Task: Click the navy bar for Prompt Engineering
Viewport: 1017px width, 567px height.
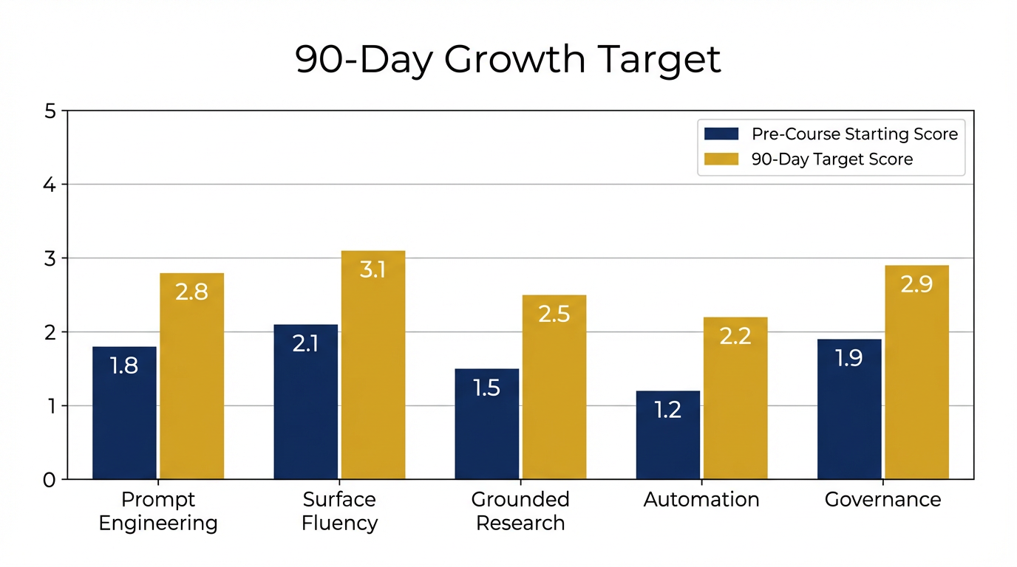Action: (124, 413)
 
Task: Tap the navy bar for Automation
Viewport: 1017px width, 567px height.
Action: (667, 436)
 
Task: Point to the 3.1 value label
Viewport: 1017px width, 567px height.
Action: (373, 269)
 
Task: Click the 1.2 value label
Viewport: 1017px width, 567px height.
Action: (667, 410)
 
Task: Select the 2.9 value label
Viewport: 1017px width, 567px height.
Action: (916, 284)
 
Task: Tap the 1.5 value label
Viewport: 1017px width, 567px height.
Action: (486, 388)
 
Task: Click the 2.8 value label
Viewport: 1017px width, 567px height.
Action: (191, 292)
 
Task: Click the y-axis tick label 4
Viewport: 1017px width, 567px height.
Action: (50, 185)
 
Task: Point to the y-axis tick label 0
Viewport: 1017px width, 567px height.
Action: (50, 480)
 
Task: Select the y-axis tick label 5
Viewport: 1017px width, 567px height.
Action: (50, 111)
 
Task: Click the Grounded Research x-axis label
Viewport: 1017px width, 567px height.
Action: (520, 511)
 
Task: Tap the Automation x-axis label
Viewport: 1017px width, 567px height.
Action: (701, 500)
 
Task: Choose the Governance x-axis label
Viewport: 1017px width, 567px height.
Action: (882, 500)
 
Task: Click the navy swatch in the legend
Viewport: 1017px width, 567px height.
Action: (721, 134)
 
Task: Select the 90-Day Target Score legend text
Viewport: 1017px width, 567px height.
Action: (832, 159)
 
